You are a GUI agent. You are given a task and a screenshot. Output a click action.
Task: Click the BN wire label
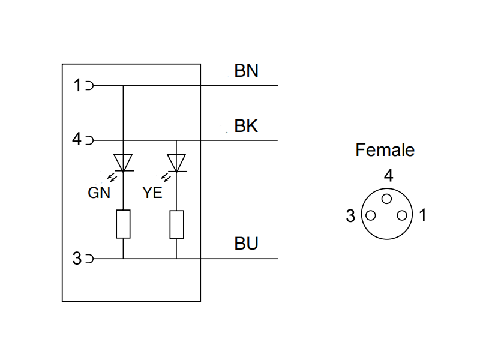[246, 71]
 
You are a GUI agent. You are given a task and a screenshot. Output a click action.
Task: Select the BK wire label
[246, 127]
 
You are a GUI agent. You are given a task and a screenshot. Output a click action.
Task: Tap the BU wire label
[246, 244]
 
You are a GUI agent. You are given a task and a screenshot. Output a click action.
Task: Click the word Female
[385, 149]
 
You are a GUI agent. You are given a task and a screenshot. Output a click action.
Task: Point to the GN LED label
[100, 193]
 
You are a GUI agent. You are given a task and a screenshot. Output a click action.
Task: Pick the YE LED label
[153, 193]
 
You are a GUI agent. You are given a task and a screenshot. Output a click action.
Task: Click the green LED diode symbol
[123, 163]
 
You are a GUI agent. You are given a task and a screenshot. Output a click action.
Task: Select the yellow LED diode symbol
[176, 163]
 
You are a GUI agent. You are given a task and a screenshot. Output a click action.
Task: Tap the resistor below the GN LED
[123, 224]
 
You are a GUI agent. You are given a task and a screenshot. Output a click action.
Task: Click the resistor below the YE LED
[176, 224]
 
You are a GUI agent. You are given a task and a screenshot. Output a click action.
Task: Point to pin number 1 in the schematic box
[77, 86]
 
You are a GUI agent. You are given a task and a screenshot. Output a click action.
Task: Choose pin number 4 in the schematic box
[77, 140]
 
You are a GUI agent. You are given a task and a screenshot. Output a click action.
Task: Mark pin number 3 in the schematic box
[77, 259]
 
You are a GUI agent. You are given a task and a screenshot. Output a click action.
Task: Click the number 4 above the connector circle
[388, 176]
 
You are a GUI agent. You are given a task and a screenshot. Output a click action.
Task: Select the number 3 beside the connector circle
[351, 217]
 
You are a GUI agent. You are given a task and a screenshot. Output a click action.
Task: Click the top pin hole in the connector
[388, 198]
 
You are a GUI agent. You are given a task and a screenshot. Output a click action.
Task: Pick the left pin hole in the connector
[371, 215]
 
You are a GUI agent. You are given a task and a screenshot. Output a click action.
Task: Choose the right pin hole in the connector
[404, 215]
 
